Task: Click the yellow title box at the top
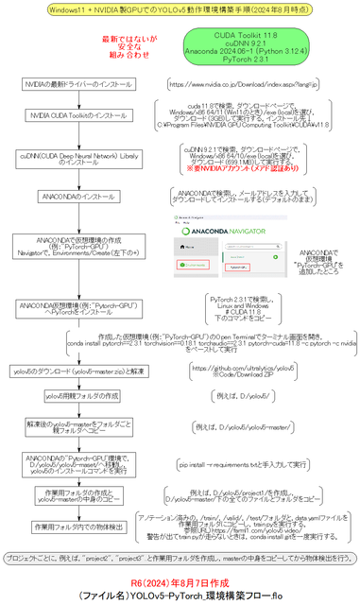[x=179, y=9]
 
